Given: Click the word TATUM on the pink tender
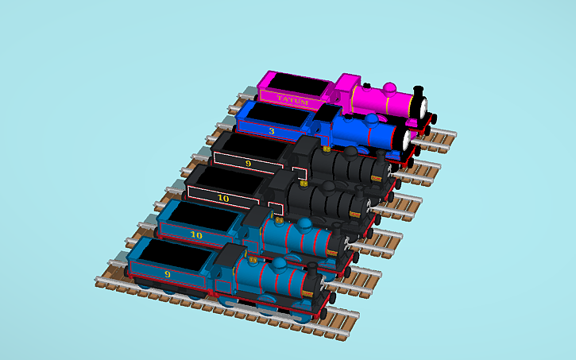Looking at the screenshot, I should coord(292,99).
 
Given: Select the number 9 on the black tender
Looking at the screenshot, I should coord(249,163).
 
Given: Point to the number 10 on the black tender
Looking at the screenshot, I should coord(223,197).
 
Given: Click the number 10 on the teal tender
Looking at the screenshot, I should coord(196,234).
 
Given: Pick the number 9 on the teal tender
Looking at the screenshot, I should coord(167,274).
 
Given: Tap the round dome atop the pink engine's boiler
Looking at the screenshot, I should coord(389,86).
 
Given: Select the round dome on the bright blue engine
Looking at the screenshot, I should coord(370,119).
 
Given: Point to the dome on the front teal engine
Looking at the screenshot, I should coord(282,264).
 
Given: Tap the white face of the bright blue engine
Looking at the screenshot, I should coord(408,140).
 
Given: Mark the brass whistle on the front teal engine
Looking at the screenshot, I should coord(253,260).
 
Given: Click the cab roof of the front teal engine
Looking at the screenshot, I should coord(230,254).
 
